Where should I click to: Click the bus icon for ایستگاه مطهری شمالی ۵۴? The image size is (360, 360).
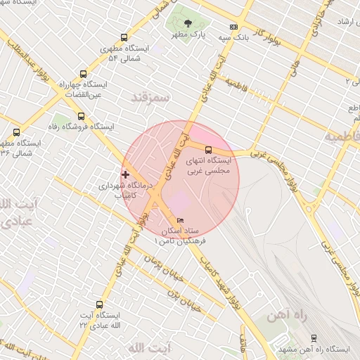coord(124,38)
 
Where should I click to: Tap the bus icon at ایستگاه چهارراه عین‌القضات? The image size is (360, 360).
coord(84,74)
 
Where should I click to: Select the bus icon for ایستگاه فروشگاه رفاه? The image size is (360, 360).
coord(81,116)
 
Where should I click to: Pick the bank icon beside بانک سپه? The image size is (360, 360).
coord(234,27)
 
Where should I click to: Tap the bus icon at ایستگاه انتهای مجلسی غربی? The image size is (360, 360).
coord(208,149)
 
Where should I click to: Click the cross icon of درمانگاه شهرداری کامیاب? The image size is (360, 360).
coord(126,174)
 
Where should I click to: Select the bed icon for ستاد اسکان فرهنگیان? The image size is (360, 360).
coord(180,221)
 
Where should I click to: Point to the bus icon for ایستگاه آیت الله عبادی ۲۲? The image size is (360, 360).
coord(98,305)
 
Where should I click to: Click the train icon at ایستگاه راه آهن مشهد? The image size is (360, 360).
coord(314,337)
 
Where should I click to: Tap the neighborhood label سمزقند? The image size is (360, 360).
coord(150,97)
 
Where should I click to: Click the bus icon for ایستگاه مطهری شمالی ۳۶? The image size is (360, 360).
coord(16,132)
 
